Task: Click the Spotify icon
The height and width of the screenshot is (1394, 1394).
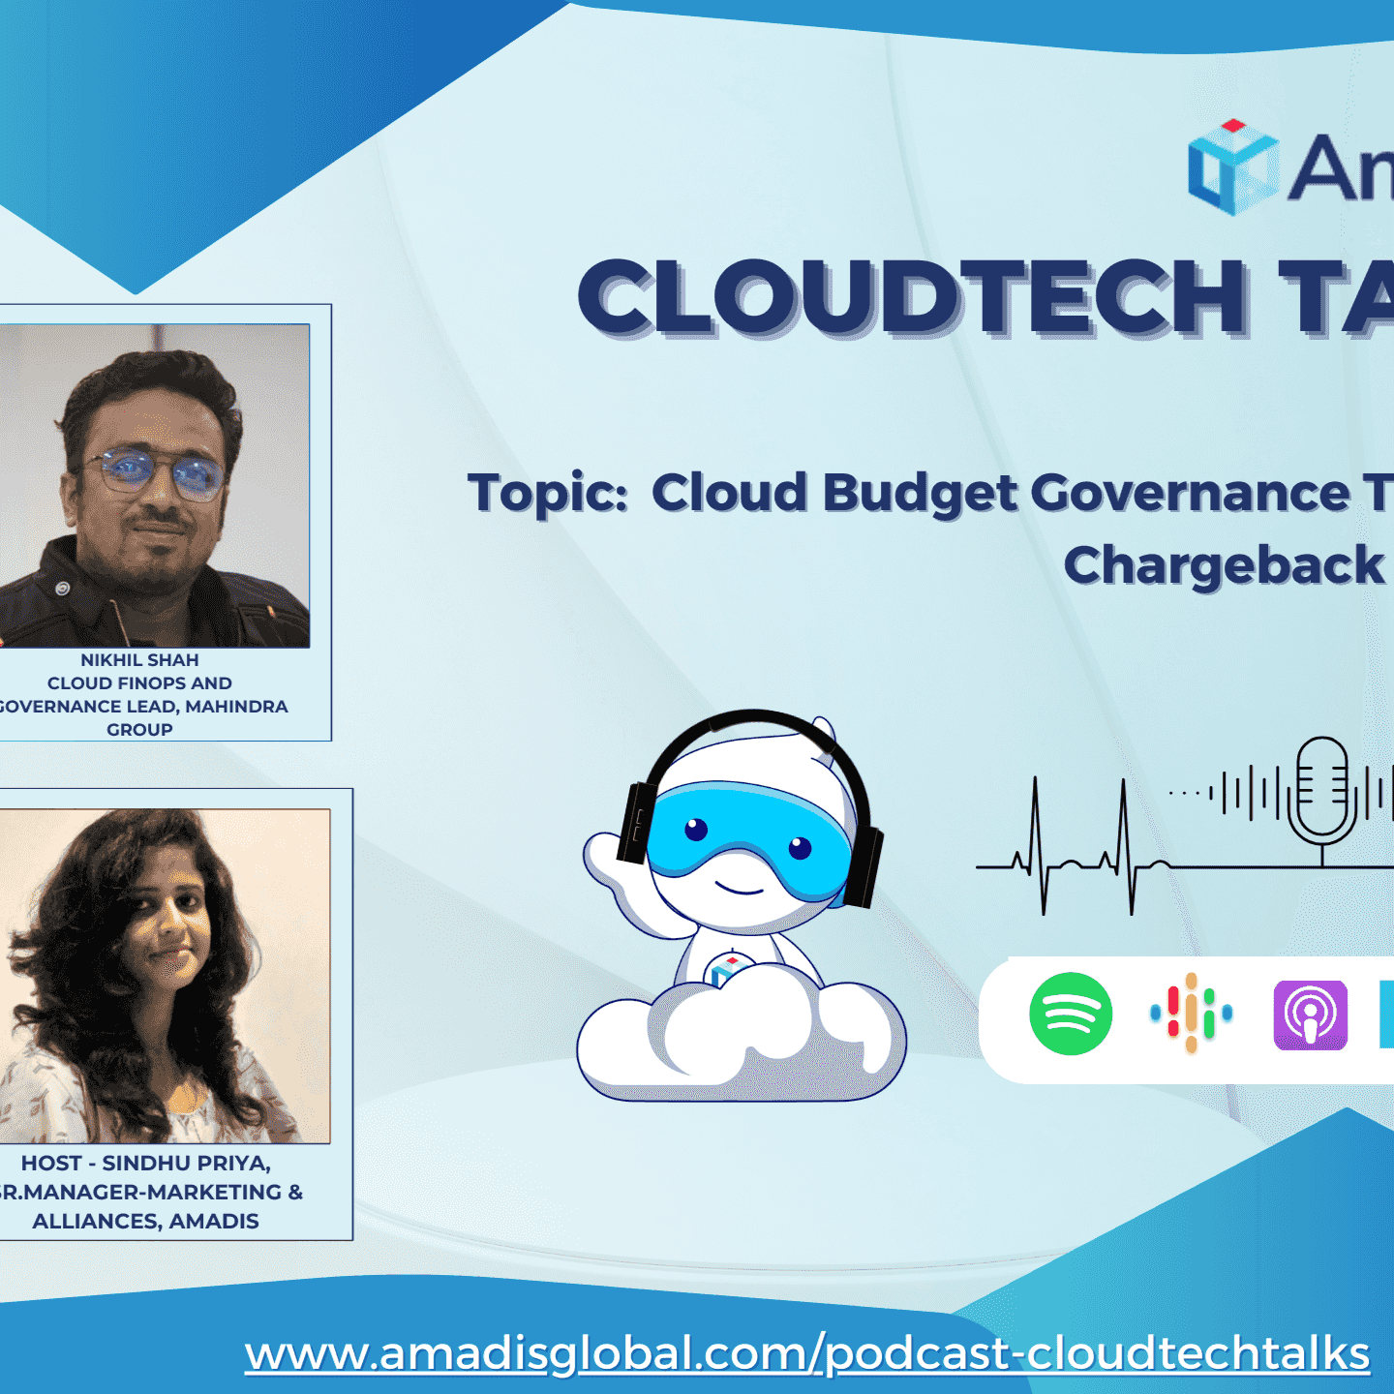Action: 1070,1014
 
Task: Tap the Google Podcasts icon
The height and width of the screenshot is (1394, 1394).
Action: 1191,1014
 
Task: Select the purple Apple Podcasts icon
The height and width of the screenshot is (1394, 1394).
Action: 1310,1015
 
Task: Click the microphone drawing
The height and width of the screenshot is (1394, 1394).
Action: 1322,789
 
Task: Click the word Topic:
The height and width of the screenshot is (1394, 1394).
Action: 548,493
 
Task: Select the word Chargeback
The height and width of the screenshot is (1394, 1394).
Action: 1224,565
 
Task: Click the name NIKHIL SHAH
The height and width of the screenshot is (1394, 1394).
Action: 139,660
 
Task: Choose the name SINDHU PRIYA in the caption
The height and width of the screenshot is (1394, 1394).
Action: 186,1163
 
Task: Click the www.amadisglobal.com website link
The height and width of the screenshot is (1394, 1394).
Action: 806,1353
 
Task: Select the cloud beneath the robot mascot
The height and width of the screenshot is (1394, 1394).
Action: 741,1041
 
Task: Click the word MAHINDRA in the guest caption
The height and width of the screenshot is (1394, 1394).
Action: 236,707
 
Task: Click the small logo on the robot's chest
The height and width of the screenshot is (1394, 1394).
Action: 727,967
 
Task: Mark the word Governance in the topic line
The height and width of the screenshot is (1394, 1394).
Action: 1190,493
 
